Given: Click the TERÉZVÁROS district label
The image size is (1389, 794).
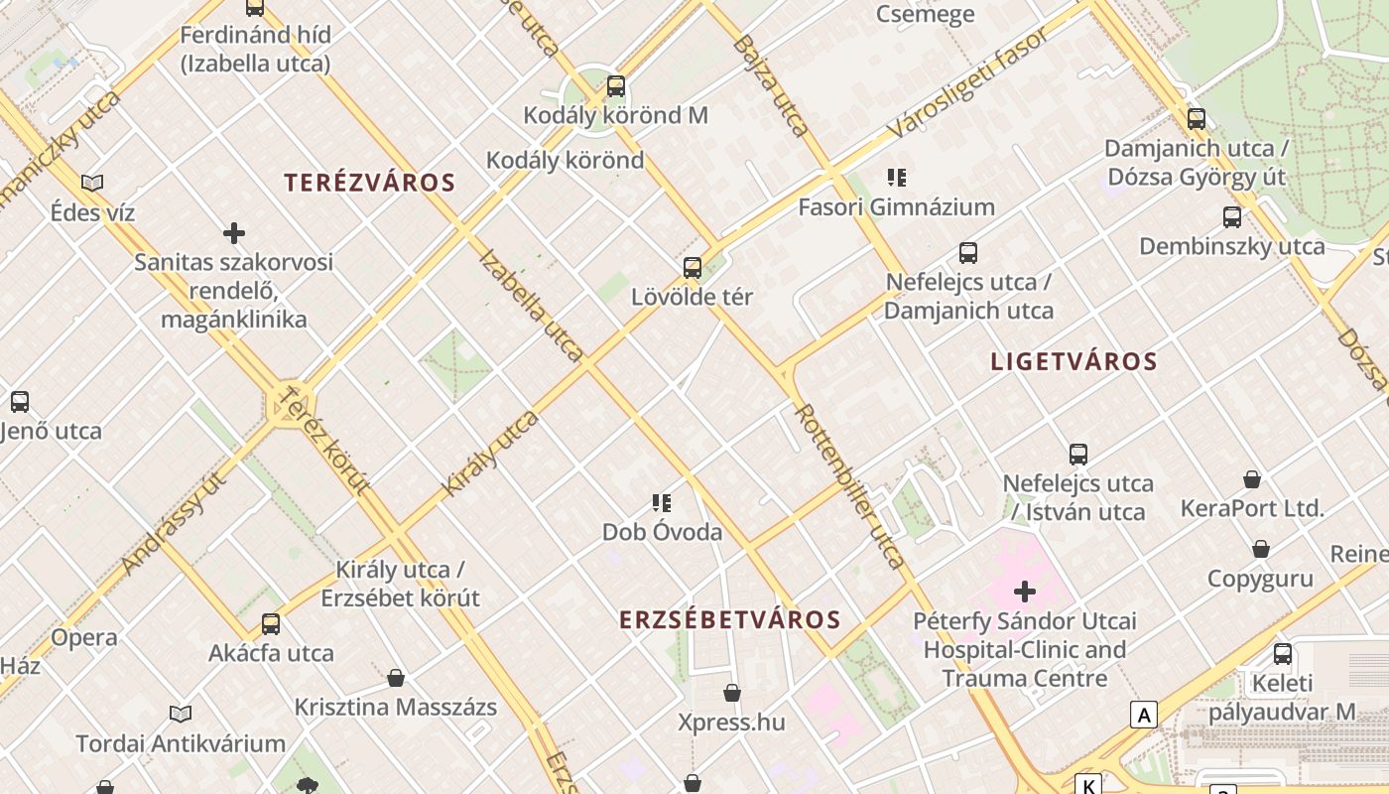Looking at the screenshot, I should [x=369, y=183].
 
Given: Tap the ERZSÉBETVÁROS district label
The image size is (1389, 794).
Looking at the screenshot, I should [x=730, y=620].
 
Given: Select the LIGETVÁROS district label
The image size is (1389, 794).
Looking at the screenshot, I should [x=1073, y=361].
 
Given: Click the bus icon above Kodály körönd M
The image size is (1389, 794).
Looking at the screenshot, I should [x=616, y=86].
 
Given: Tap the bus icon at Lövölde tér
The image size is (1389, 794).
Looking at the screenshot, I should [x=693, y=267].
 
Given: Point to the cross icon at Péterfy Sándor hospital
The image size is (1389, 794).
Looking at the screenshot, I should [x=1025, y=593].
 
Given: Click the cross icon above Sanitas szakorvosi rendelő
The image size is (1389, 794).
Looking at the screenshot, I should [x=234, y=233].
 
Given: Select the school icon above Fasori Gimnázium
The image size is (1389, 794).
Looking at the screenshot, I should [x=897, y=178].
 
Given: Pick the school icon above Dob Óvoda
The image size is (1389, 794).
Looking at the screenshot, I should [x=662, y=503].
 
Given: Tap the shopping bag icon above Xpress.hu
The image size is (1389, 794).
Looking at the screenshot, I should [x=732, y=692].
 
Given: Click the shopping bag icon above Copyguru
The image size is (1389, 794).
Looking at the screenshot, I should [x=1260, y=549].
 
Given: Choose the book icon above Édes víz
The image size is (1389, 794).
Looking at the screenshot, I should [x=92, y=183].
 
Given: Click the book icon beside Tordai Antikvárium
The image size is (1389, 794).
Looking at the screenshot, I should [x=181, y=714].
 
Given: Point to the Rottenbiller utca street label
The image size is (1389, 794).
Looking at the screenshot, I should [x=851, y=486].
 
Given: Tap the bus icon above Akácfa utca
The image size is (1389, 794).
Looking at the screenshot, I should [x=271, y=624].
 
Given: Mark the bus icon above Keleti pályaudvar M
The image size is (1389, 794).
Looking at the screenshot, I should [x=1283, y=654].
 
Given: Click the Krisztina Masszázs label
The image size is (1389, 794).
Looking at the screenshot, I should [x=395, y=708].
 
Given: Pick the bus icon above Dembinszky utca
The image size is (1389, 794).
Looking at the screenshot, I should [x=1232, y=216].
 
